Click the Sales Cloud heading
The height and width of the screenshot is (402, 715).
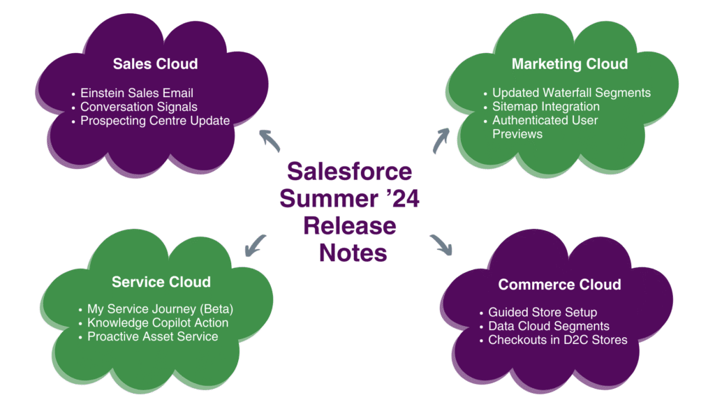tap(155, 64)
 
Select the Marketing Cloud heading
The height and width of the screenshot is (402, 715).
tap(569, 64)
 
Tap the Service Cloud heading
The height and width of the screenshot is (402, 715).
tap(161, 282)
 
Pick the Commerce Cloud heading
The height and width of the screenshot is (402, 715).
tap(559, 285)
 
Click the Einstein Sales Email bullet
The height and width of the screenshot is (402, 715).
tap(136, 93)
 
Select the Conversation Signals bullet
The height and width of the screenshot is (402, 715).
tap(138, 107)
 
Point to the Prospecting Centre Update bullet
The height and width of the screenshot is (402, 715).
tap(154, 121)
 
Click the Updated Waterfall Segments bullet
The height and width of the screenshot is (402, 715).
tap(570, 93)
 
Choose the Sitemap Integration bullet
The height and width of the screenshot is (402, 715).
tap(545, 107)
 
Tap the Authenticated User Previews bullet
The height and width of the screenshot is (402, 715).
tap(545, 127)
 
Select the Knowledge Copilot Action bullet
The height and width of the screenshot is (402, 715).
tap(157, 323)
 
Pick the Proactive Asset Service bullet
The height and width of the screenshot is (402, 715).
tap(152, 336)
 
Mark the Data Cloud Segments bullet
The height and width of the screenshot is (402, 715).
tap(548, 326)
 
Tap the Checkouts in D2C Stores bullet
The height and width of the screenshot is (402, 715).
tap(557, 340)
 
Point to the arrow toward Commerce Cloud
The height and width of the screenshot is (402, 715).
tap(442, 245)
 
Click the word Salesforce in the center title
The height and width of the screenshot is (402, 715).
tap(349, 172)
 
